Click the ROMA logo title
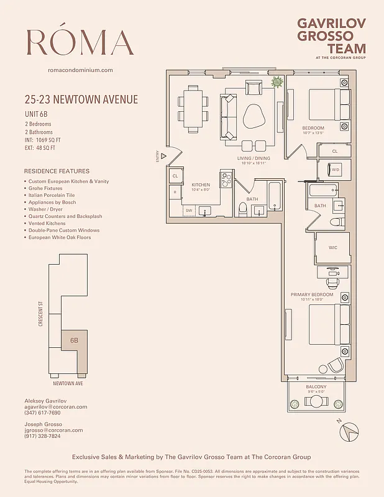[x=80, y=42]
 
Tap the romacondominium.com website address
[x=80, y=70]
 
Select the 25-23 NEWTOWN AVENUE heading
[x=81, y=99]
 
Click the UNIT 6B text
[x=37, y=114]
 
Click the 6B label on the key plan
[x=74, y=340]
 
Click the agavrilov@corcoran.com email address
[x=56, y=407]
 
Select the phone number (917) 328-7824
[x=42, y=436]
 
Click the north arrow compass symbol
[x=352, y=429]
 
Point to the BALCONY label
[x=317, y=386]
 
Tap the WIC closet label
[x=334, y=247]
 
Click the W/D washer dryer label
[x=336, y=169]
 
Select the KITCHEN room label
[x=200, y=185]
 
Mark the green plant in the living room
[x=278, y=81]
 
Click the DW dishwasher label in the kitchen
[x=188, y=211]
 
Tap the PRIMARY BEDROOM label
[x=312, y=294]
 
